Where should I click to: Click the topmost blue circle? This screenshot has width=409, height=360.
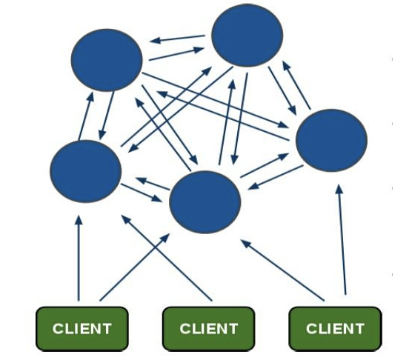click(247, 36)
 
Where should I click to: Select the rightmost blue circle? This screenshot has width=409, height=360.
click(331, 140)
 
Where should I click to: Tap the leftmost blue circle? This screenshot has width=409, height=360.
click(85, 171)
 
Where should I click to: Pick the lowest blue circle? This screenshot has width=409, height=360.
click(204, 202)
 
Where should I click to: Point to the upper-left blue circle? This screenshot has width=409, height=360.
click(107, 60)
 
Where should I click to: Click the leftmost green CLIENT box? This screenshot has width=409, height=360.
click(82, 329)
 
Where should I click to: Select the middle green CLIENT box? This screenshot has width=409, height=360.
click(208, 329)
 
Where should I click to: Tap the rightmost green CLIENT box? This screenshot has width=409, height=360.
click(335, 329)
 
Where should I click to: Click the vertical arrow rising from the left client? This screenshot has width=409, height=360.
click(79, 258)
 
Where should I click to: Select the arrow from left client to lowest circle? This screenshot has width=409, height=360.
click(135, 267)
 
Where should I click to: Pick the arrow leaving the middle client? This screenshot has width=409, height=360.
click(167, 258)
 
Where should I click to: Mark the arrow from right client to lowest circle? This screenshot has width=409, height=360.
click(282, 270)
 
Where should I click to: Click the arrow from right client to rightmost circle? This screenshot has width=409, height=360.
click(342, 239)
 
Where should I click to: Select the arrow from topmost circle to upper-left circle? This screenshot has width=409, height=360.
click(177, 39)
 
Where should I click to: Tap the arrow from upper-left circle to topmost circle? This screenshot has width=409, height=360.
click(176, 54)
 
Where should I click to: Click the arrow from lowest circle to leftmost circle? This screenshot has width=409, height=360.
click(153, 184)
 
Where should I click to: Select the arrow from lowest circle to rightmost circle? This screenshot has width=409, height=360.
click(265, 165)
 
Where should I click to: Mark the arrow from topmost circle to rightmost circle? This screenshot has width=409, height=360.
click(282, 91)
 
